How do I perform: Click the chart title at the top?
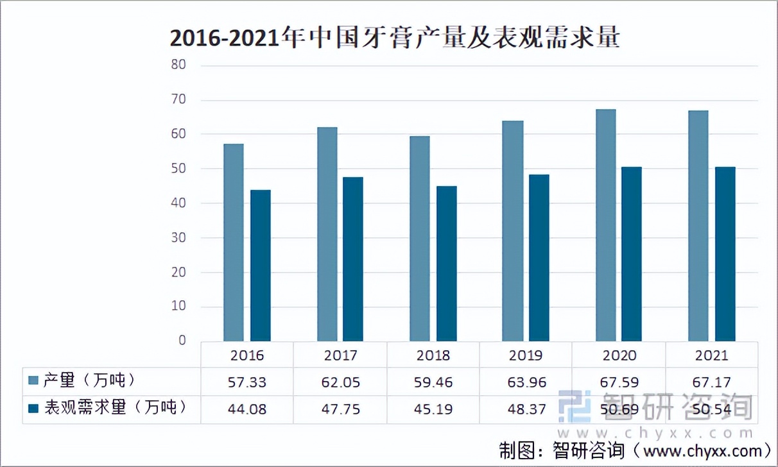tap(394, 38)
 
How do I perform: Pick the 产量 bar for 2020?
tap(605, 225)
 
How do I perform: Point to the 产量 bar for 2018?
tap(420, 238)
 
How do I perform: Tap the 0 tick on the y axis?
tap(182, 341)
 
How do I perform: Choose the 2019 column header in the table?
tap(526, 355)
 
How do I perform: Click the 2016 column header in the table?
tap(247, 355)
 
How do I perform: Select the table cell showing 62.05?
tap(340, 382)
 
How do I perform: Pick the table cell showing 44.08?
tap(247, 409)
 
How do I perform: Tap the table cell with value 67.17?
tap(711, 382)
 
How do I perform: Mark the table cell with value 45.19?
tap(433, 409)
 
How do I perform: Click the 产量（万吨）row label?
tap(90, 381)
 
